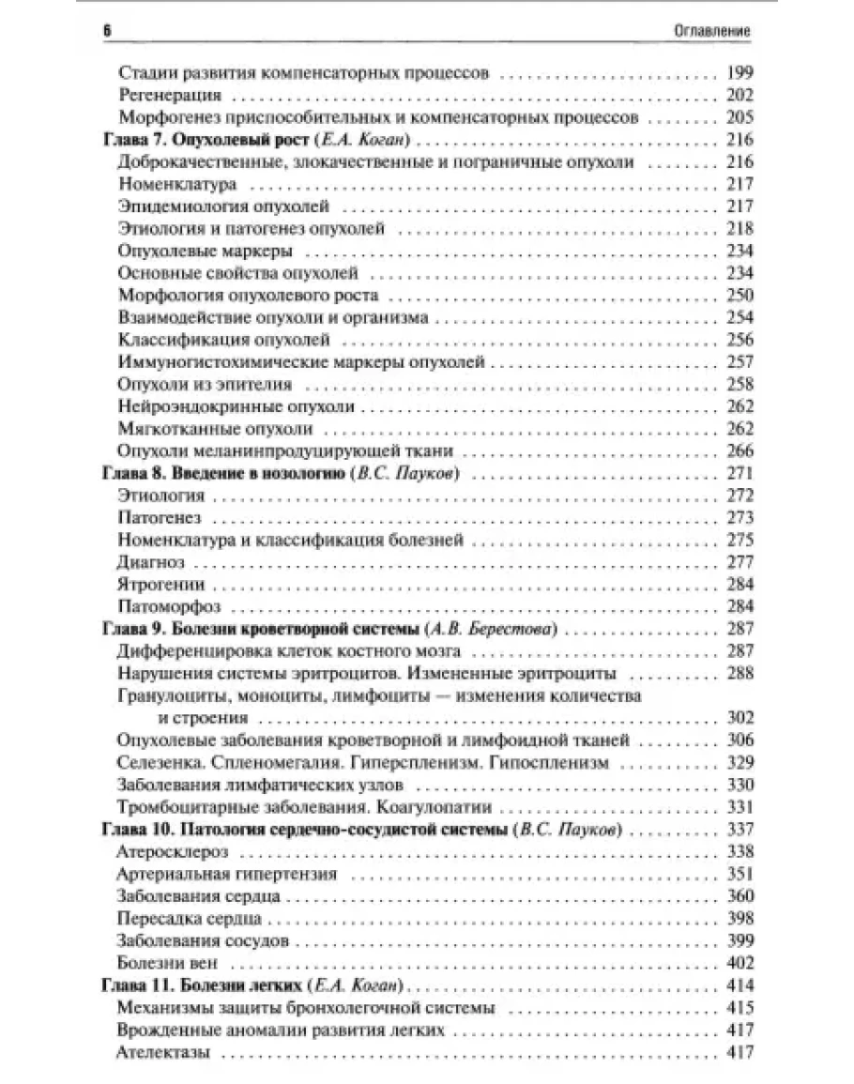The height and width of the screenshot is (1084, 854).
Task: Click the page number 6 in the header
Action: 106,31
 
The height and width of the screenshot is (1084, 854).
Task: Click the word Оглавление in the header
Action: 714,31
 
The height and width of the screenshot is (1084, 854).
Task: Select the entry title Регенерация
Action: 170,96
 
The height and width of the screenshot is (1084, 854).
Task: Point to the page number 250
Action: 740,296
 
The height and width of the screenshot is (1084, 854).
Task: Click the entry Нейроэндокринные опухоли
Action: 236,406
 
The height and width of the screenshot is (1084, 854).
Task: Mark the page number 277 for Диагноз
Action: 740,562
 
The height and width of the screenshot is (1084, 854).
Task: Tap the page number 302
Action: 740,718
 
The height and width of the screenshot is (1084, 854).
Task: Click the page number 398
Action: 740,918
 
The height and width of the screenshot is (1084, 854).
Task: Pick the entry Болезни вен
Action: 169,962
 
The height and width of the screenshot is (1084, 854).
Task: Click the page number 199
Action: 740,74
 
